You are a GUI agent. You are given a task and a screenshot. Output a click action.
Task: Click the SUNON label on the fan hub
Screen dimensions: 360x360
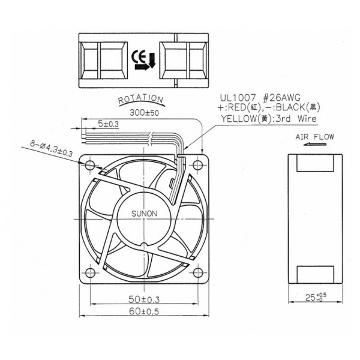pos(143,213)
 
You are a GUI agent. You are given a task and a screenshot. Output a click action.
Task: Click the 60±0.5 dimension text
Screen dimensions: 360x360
pos(143,311)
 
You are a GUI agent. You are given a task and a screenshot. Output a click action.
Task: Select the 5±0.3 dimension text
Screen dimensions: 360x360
pos(109,123)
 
